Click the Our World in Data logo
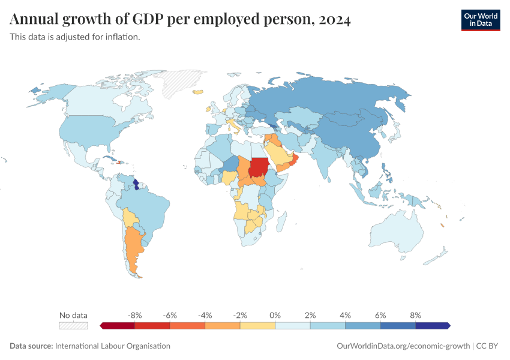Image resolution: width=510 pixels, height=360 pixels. coord(480,20)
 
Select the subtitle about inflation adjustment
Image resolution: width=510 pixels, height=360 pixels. coord(75,37)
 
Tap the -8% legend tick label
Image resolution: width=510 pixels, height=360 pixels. coord(135,315)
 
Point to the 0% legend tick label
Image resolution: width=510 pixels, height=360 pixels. coord(275,315)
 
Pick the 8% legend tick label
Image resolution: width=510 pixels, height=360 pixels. coord(415,315)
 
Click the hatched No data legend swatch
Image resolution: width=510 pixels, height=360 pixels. coord(73,325)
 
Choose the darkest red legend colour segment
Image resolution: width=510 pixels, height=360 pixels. coord(118,325)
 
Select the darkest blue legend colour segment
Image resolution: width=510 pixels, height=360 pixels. coord(432,325)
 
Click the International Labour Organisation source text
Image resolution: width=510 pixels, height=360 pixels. coord(112,346)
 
